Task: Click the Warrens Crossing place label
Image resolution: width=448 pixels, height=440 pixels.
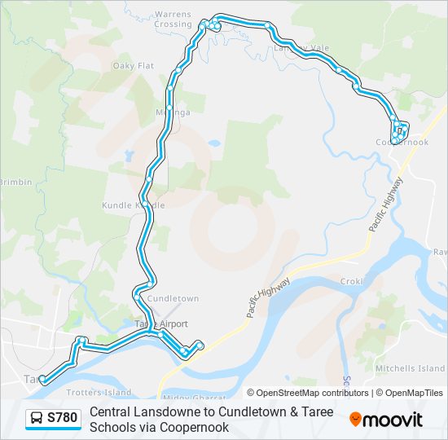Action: click(x=173, y=20)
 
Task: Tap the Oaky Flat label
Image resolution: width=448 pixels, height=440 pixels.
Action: click(x=134, y=66)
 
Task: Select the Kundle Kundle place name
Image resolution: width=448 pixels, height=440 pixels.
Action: click(x=134, y=205)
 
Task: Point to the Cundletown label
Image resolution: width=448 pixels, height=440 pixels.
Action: click(x=173, y=299)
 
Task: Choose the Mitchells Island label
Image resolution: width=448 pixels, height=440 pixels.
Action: click(x=410, y=369)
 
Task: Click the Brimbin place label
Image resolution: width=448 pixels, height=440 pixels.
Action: click(x=15, y=183)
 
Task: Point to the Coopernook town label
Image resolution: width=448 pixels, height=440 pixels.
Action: click(x=402, y=143)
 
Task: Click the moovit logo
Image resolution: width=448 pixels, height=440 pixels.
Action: click(x=386, y=420)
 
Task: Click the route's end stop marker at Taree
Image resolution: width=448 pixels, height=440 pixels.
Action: click(x=42, y=380)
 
